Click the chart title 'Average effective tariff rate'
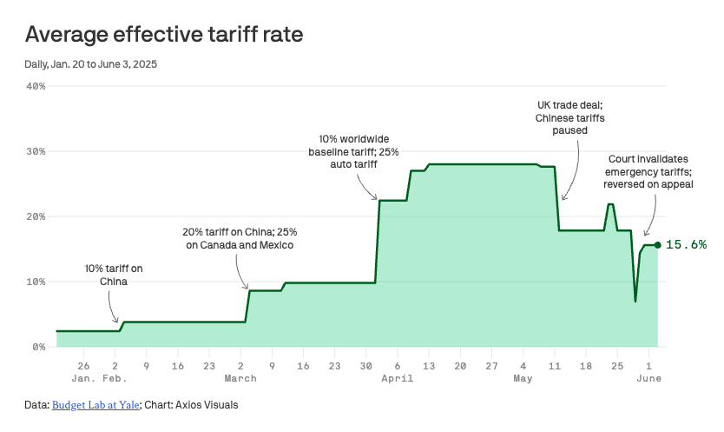point(164,34)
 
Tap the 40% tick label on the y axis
point(36,86)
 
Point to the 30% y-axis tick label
point(36,151)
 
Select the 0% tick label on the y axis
point(39,347)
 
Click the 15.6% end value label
point(686,245)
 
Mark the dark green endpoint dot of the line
point(658,245)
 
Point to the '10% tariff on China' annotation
point(114,276)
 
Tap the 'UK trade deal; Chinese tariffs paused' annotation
point(569,117)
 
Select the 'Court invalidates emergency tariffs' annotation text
point(648,171)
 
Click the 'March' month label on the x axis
point(240,379)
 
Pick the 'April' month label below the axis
point(397,379)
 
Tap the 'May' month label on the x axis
point(523,379)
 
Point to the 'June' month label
point(649,379)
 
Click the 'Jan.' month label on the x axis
point(83,379)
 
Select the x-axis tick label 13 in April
point(429,366)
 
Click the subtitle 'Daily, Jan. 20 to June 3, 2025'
point(91,63)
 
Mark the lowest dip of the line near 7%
point(635,301)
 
